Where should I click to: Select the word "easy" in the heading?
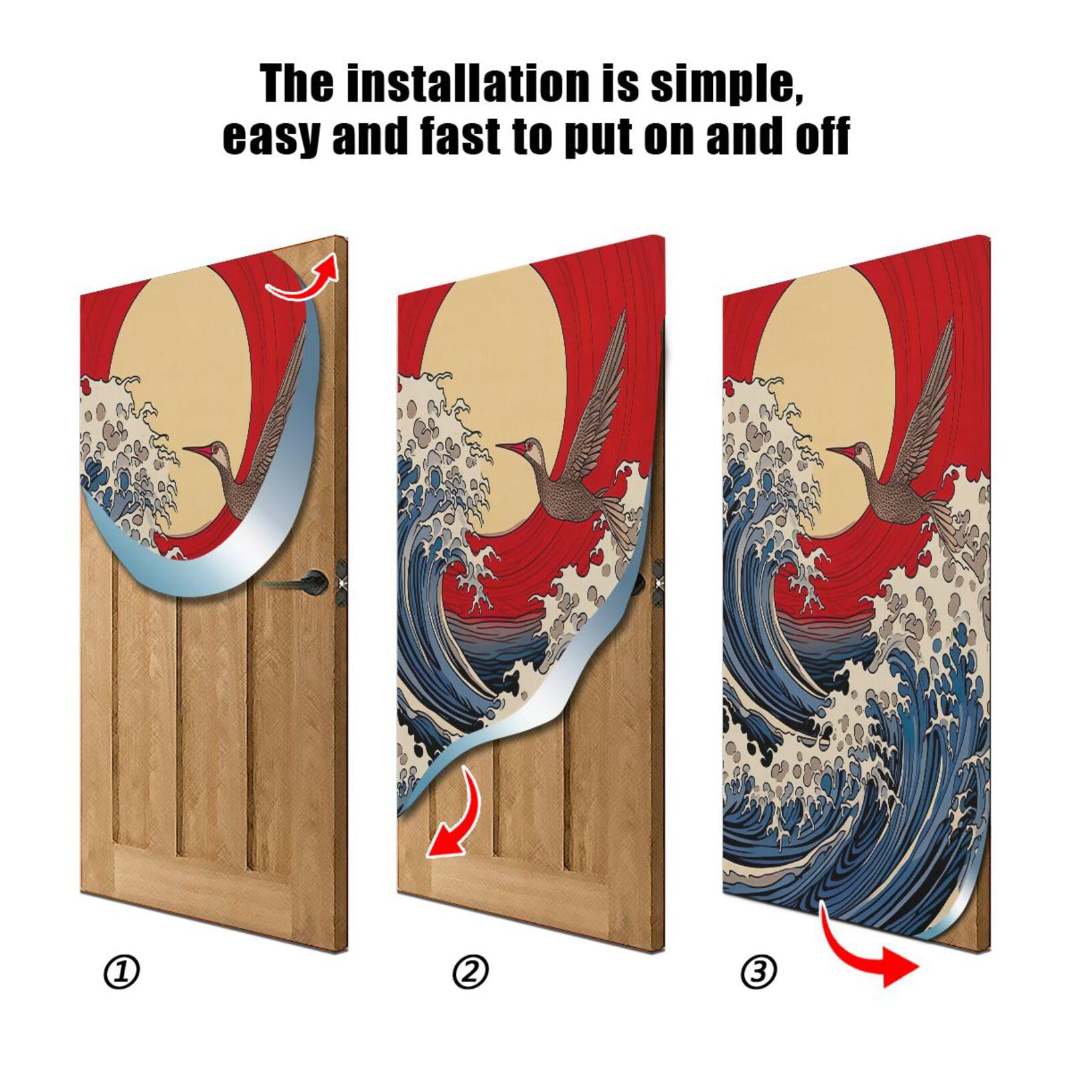270,137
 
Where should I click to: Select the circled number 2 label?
471,972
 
